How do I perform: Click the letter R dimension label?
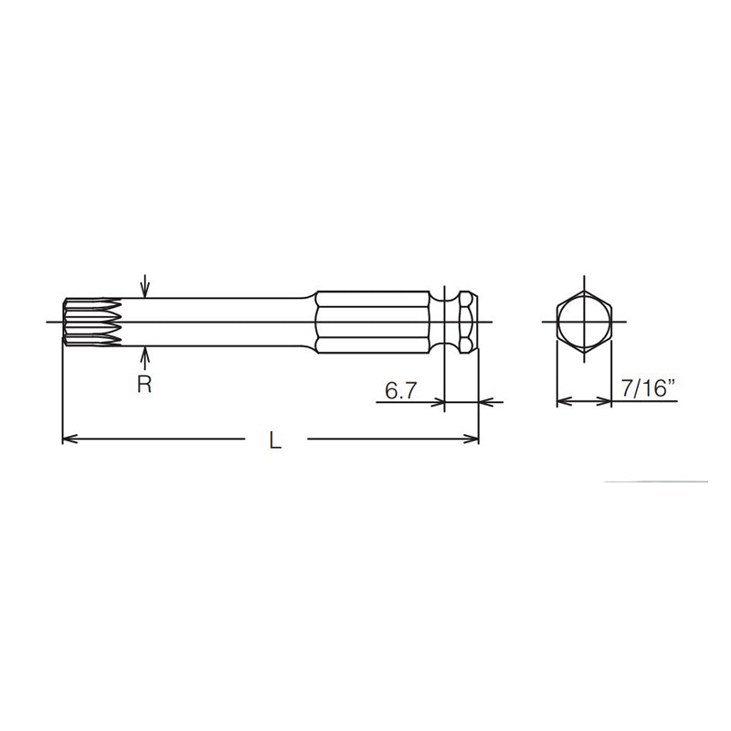click(144, 385)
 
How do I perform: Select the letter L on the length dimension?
click(275, 440)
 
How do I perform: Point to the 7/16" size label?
click(648, 390)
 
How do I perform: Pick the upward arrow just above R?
click(144, 355)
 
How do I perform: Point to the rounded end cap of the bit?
click(469, 322)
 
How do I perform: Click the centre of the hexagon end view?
click(583, 322)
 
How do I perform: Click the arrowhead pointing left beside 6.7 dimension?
click(485, 401)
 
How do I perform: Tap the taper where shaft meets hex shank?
click(310, 322)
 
